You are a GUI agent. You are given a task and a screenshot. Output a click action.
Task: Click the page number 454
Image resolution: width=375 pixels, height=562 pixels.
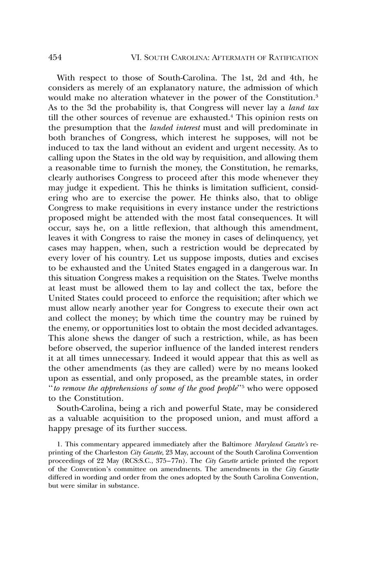(x=55, y=57)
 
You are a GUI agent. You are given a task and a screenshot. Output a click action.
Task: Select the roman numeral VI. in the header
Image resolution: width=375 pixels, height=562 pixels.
(x=135, y=58)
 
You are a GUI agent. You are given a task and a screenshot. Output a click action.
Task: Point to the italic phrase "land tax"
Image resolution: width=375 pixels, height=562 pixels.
(x=303, y=108)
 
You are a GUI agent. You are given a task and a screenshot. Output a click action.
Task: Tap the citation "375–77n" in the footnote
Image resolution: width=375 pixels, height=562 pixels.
(x=163, y=461)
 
